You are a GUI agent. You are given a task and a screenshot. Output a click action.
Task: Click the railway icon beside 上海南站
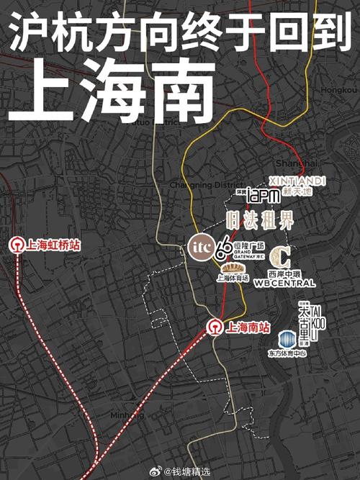pos(214,327)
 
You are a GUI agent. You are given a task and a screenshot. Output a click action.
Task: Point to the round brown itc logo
pos(199,246)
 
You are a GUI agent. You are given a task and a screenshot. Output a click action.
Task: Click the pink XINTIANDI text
pos(297,181)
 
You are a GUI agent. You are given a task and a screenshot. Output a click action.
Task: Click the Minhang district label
pos(127,416)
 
